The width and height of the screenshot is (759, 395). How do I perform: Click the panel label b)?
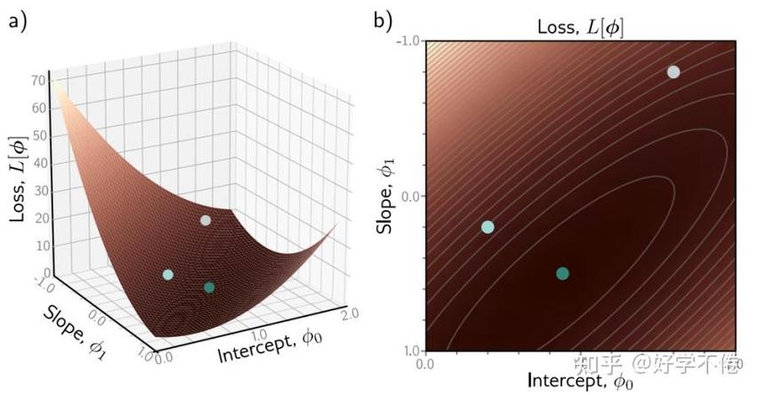(384, 20)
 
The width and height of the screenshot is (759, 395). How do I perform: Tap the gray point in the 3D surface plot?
(206, 220)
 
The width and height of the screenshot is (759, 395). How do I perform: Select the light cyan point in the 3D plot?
(167, 275)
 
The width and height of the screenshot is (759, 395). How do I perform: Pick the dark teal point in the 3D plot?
(209, 287)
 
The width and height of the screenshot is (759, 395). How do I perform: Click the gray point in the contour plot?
(674, 72)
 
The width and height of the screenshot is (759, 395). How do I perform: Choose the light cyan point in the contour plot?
(488, 227)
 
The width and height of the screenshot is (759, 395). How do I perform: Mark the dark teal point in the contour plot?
(562, 273)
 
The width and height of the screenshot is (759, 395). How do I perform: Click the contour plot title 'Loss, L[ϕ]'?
(580, 27)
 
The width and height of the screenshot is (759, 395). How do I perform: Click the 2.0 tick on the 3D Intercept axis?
(351, 316)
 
